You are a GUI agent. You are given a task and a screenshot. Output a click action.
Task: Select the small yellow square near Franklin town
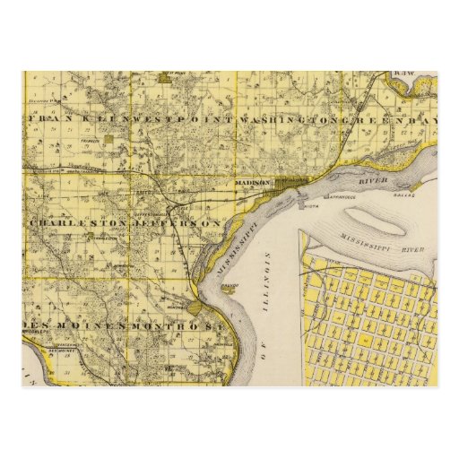[x=108, y=139]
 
